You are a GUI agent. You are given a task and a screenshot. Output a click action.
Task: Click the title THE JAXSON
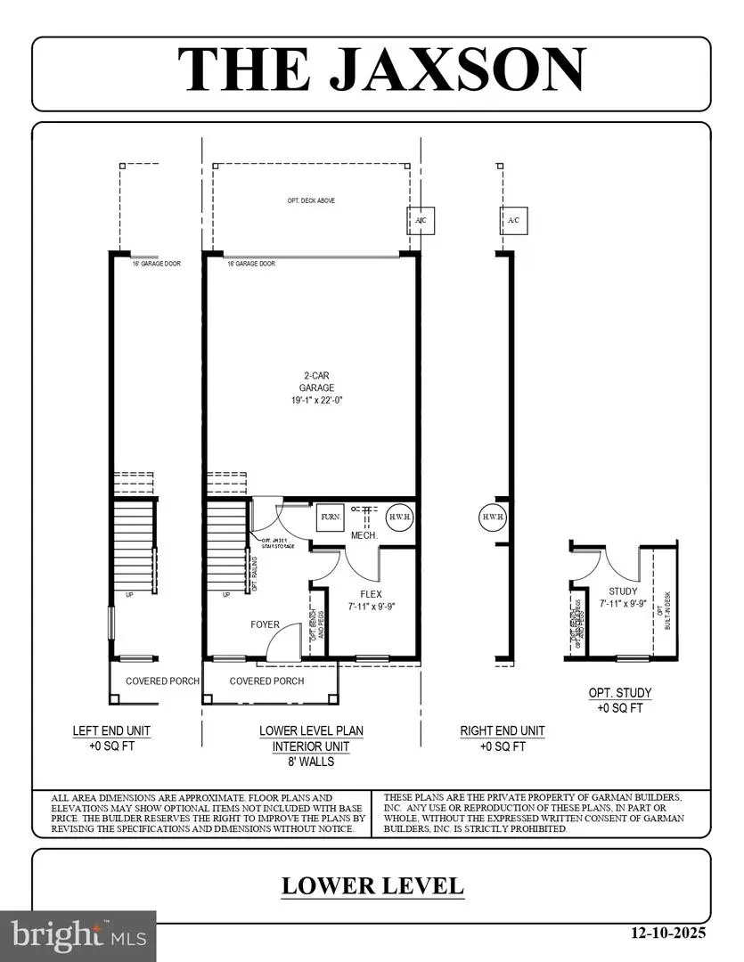pos(381,69)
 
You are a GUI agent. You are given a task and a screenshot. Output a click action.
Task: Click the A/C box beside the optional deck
pos(419,219)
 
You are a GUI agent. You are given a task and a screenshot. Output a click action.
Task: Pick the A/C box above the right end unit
pos(512,219)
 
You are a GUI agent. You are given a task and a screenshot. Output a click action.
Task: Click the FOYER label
pos(265,625)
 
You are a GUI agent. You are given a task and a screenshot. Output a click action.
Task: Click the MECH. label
pos(364,535)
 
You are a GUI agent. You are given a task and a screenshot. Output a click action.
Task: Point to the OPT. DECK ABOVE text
pos(310,201)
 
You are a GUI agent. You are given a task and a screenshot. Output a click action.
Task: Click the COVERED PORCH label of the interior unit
pos(266,681)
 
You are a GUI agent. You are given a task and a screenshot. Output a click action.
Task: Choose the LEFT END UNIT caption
pos(111,730)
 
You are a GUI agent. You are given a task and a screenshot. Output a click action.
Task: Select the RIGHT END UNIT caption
pos(502,730)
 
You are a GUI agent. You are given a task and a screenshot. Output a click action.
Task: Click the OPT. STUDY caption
pos(619,693)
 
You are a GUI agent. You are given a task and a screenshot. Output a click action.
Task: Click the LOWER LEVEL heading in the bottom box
pos(372,886)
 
